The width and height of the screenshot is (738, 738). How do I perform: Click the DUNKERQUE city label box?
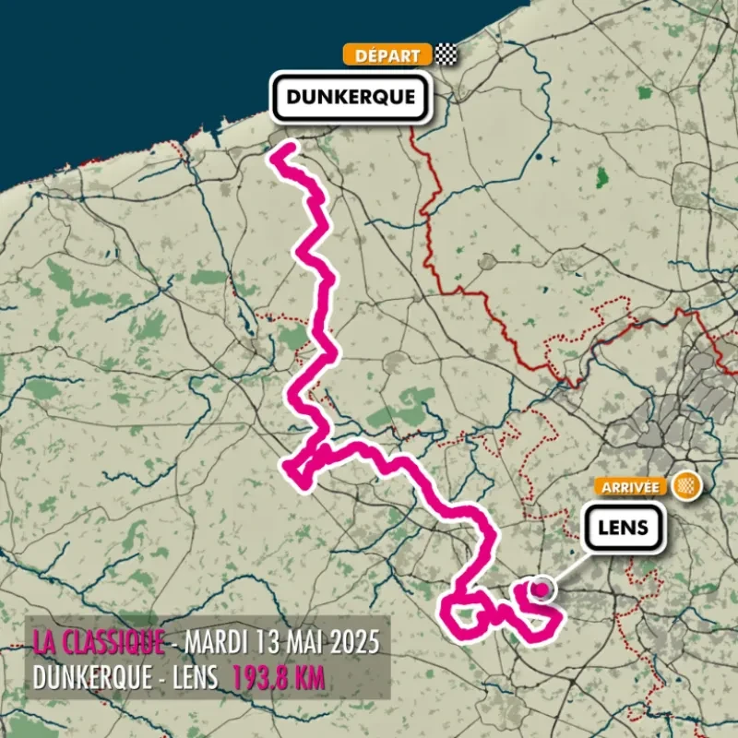(x=349, y=97)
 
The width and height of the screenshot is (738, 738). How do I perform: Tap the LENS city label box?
(x=624, y=529)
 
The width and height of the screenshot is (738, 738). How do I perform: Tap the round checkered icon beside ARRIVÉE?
(x=685, y=486)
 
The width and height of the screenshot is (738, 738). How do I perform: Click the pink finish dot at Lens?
(x=542, y=585)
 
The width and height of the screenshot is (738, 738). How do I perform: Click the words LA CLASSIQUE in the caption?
(x=99, y=640)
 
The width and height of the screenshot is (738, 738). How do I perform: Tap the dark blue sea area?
(x=138, y=65)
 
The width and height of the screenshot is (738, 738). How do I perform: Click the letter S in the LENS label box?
(x=642, y=529)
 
